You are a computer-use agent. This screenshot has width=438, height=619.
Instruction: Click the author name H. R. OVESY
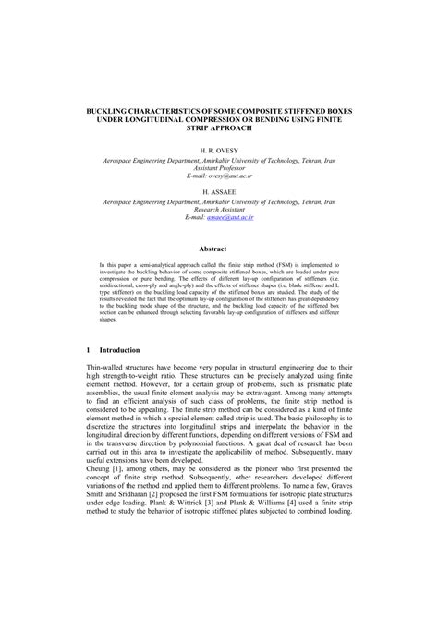click(219, 149)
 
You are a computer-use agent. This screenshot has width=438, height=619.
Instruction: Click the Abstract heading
click(219, 248)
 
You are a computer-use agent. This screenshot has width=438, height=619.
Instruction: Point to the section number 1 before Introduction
click(88, 324)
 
